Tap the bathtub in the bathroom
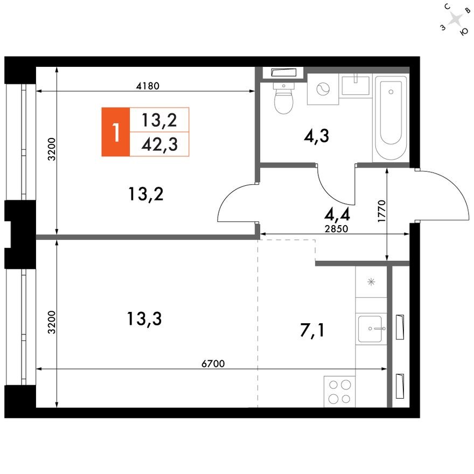coord(391,119)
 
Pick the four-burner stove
coord(339,392)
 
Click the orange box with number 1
coord(115,131)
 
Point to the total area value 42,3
coord(160,144)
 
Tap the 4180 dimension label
coord(149,85)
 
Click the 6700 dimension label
coord(213,364)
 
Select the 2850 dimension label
coord(338,228)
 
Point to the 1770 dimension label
coord(381,212)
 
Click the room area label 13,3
coord(144,319)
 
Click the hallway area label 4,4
coord(338,215)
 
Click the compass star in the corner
coord(456,20)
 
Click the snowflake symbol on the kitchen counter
coord(371,282)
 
